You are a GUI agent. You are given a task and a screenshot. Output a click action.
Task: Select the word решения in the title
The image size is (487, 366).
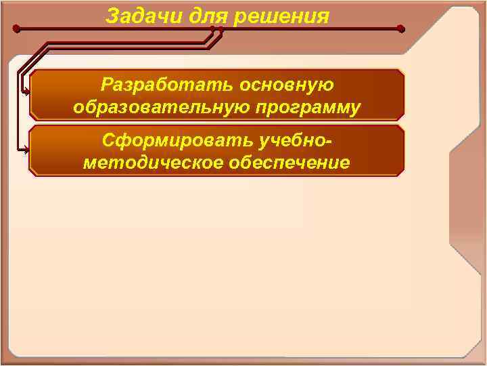(281, 15)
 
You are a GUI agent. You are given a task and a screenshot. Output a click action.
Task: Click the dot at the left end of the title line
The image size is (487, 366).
(17, 30)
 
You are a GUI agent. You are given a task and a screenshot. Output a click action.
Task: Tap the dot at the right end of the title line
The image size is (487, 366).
(401, 30)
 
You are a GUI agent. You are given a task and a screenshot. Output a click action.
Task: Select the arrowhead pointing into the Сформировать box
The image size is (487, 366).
(27, 150)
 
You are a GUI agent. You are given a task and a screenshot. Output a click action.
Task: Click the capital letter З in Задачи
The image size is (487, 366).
(112, 15)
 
